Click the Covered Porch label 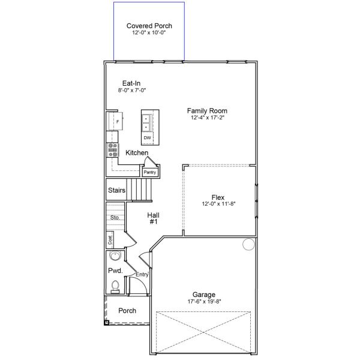pyautogui.click(x=149, y=26)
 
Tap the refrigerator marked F pyautogui.click(x=117, y=121)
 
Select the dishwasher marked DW pyautogui.click(x=147, y=138)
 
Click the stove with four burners pyautogui.click(x=112, y=150)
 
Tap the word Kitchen pyautogui.click(x=137, y=153)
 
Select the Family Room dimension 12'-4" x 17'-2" pyautogui.click(x=207, y=118)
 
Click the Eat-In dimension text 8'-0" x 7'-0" pyautogui.click(x=132, y=90)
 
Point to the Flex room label pyautogui.click(x=218, y=197)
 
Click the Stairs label pyautogui.click(x=116, y=191)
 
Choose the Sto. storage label pyautogui.click(x=115, y=217)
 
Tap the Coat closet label pyautogui.click(x=110, y=239)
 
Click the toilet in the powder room pyautogui.click(x=115, y=287)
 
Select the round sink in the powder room pyautogui.click(x=114, y=257)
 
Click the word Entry pyautogui.click(x=142, y=274)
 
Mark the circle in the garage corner pyautogui.click(x=248, y=244)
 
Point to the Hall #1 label pyautogui.click(x=152, y=218)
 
